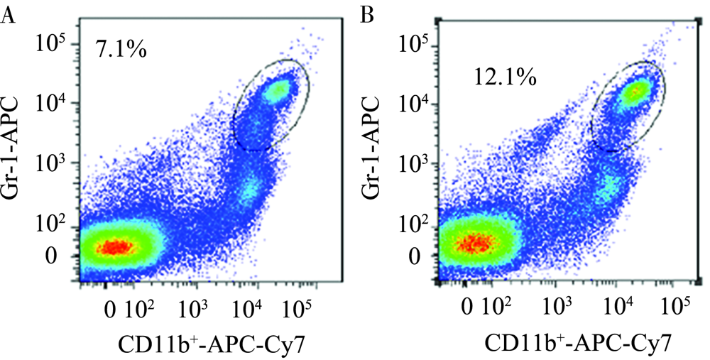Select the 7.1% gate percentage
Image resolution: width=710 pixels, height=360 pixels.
tap(121, 50)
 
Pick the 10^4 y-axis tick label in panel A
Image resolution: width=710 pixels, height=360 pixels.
tap(52, 104)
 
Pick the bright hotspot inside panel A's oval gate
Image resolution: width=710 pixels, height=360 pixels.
tap(278, 89)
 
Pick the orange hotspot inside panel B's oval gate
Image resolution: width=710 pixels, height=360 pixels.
tap(637, 90)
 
